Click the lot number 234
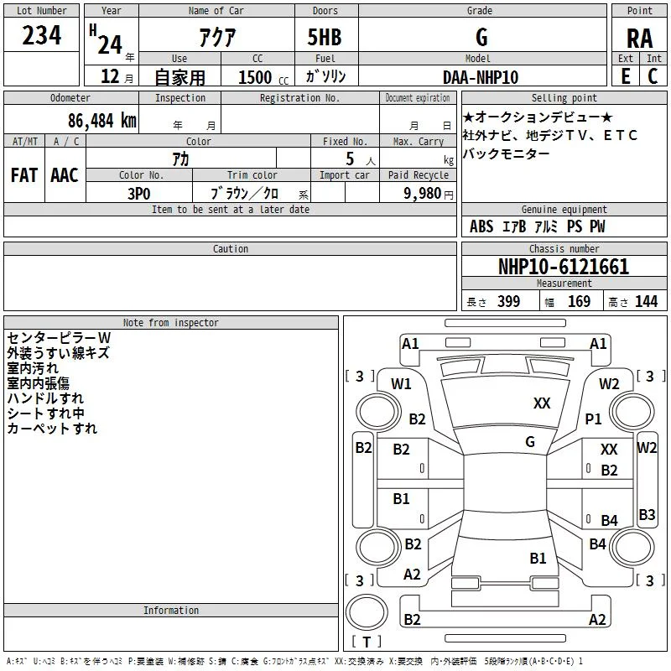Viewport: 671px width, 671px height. click(x=41, y=35)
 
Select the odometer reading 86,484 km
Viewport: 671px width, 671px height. click(x=101, y=121)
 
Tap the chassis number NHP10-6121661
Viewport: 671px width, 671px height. click(x=564, y=267)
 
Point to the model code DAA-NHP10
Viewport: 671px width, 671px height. click(x=480, y=77)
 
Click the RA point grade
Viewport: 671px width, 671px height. click(x=639, y=39)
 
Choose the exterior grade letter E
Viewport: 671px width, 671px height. click(x=625, y=76)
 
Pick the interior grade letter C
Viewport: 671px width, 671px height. click(x=653, y=76)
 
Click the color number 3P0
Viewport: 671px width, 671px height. click(x=138, y=194)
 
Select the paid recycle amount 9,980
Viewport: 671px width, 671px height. click(x=422, y=194)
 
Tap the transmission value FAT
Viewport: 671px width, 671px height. click(x=24, y=175)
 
